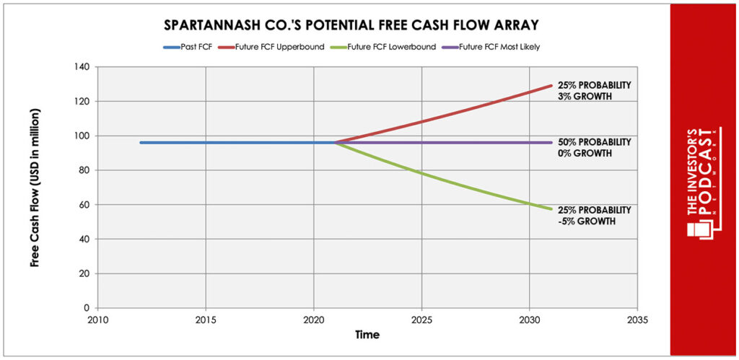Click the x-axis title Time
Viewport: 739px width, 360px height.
coord(366,335)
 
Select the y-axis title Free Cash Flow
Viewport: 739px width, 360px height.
coord(35,188)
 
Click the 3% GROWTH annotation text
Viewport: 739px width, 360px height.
coord(583,97)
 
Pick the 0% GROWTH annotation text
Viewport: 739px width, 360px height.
coord(583,154)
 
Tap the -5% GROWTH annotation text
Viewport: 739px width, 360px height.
coord(586,221)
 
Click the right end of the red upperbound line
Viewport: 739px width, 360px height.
coord(551,86)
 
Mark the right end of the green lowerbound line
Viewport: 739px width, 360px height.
coord(551,209)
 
